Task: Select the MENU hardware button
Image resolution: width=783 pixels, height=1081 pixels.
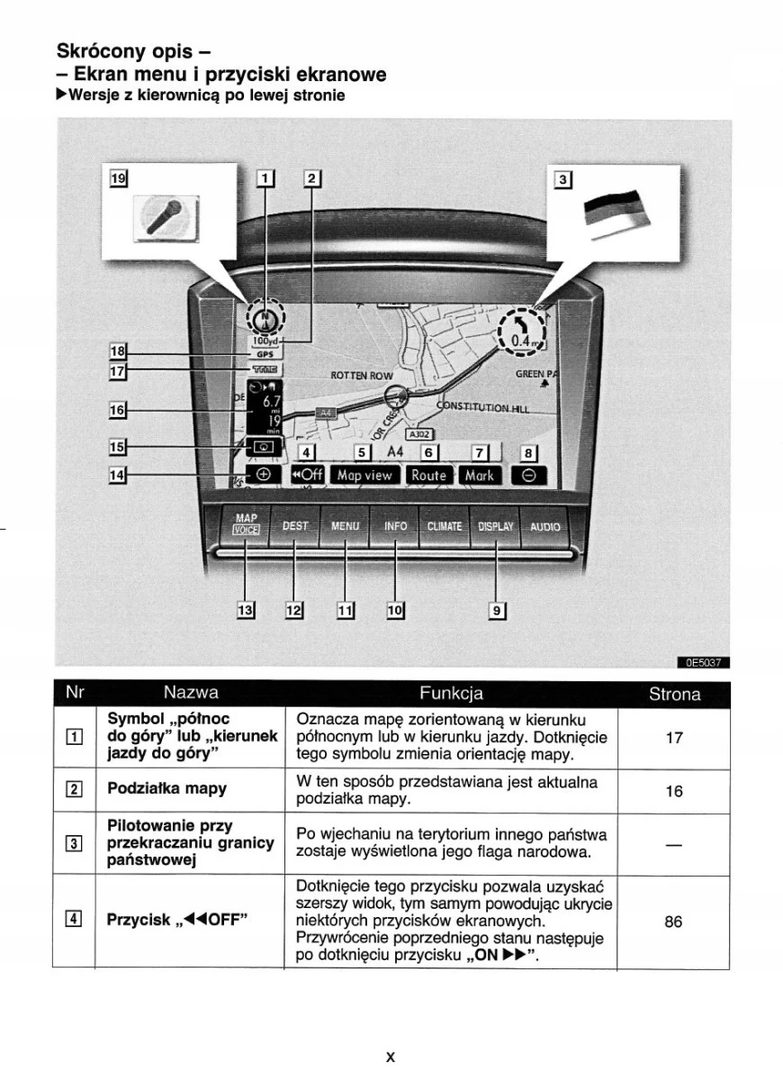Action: click(345, 525)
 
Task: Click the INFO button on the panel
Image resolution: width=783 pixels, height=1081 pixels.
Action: click(395, 525)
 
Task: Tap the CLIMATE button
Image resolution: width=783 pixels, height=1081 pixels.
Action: click(444, 526)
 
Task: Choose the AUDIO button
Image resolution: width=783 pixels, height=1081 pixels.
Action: click(544, 526)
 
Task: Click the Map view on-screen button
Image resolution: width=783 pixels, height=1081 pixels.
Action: click(365, 475)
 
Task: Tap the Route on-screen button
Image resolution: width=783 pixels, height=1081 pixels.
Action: click(429, 475)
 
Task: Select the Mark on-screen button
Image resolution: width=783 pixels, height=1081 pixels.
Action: click(479, 475)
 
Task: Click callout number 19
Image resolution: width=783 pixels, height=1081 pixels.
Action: click(118, 178)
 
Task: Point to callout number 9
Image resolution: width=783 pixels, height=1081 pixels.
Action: click(496, 611)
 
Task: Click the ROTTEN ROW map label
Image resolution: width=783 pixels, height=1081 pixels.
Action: click(362, 375)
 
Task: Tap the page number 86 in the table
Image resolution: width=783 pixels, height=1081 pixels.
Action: click(673, 922)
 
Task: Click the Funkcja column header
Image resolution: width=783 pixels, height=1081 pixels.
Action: click(451, 694)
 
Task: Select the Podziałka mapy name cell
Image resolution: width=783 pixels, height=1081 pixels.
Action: click(166, 788)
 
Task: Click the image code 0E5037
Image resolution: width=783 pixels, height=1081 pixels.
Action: click(703, 664)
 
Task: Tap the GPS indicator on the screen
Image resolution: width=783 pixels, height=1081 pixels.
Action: click(265, 355)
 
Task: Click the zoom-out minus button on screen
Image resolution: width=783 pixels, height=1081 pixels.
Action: click(527, 476)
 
